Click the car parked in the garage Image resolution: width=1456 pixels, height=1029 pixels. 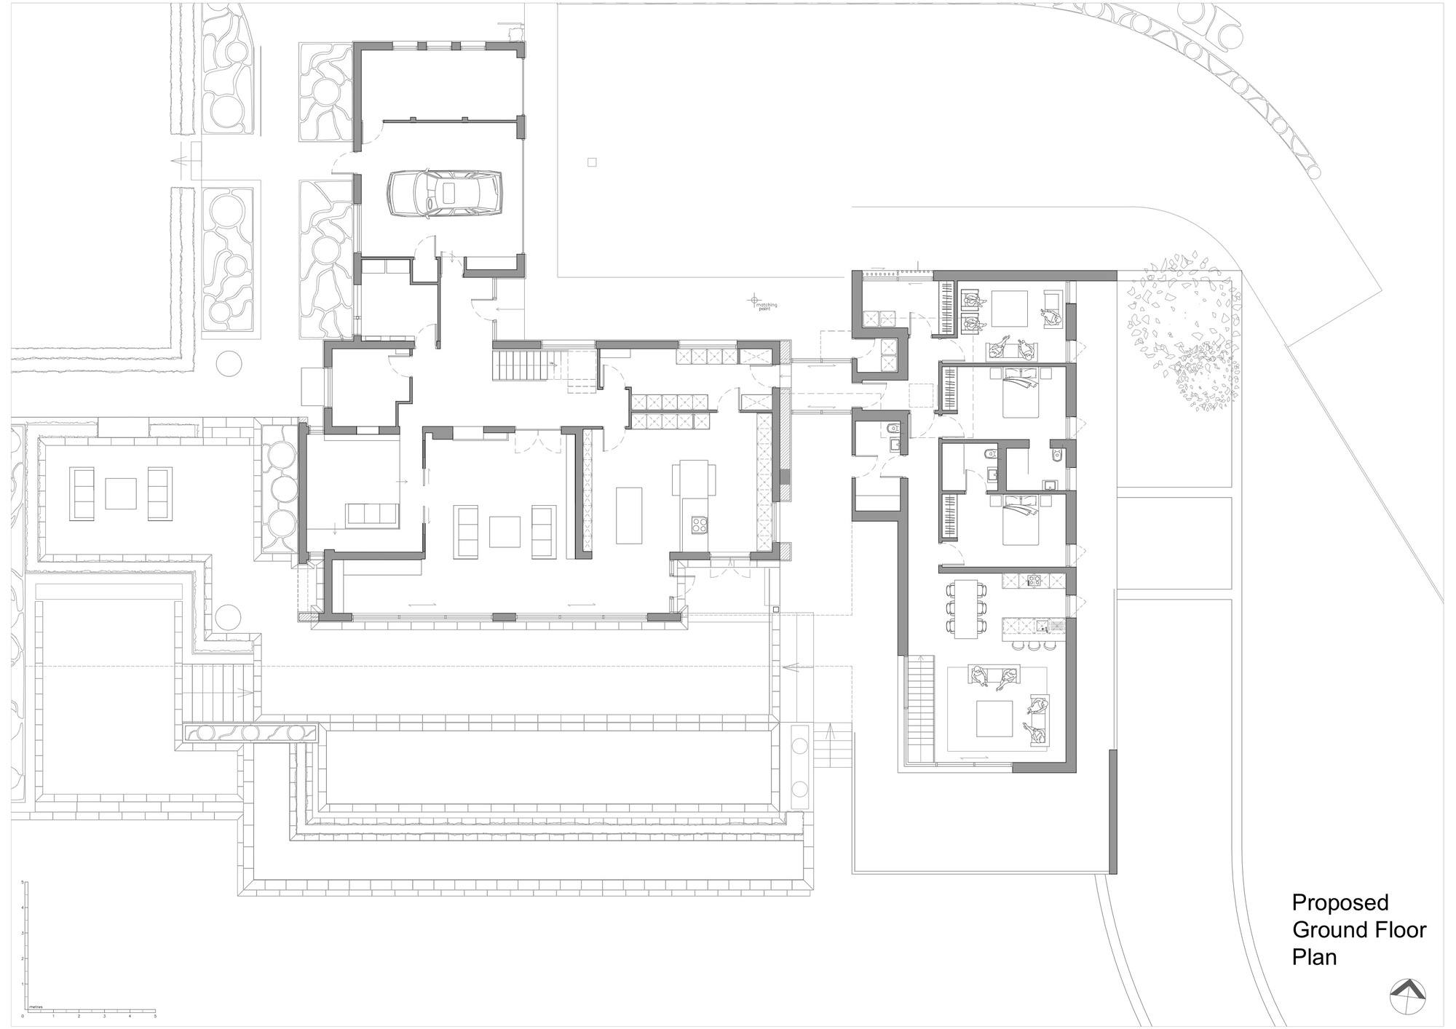click(444, 194)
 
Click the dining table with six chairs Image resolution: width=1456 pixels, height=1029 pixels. click(966, 608)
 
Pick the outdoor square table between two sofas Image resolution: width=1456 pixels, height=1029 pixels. click(121, 493)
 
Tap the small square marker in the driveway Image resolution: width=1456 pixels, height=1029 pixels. click(592, 162)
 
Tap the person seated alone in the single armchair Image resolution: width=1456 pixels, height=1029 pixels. click(1050, 315)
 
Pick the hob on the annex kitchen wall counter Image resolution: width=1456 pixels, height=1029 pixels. click(1032, 580)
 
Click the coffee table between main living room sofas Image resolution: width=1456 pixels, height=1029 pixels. click(505, 531)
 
